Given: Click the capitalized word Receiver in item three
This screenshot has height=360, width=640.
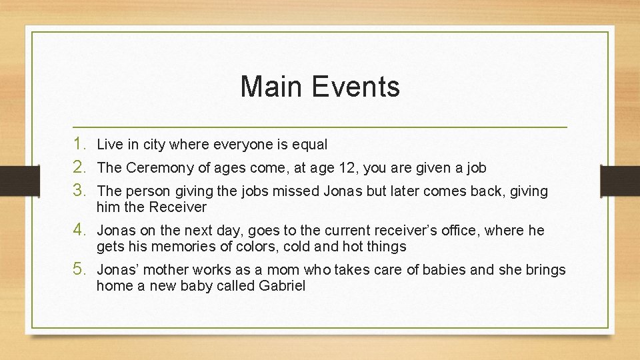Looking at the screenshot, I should click(178, 207).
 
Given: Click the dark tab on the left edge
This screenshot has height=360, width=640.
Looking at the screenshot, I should click(12, 180).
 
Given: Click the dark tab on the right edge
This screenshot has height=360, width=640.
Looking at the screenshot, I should click(621, 180).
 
